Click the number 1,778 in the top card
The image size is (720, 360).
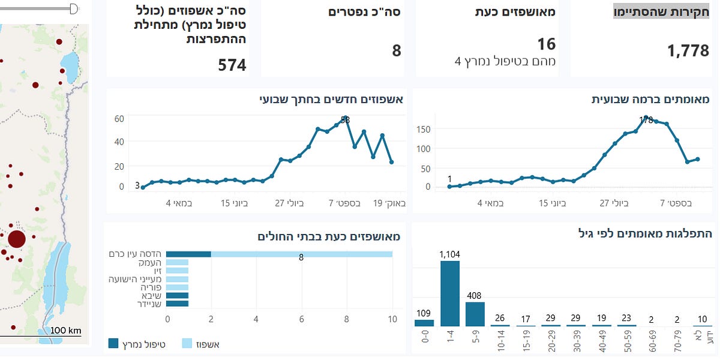tap(688, 51)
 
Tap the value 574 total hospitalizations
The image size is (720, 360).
tap(232, 65)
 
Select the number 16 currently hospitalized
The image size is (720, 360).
tap(547, 44)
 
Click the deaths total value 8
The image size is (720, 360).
tap(397, 50)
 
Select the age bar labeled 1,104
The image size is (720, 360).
tap(450, 293)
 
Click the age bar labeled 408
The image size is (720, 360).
tap(475, 314)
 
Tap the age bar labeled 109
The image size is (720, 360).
tap(424, 323)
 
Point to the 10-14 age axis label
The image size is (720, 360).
tap(500, 339)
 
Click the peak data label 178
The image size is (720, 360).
tap(646, 120)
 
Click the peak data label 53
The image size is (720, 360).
tap(345, 120)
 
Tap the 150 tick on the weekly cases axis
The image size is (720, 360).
tap(424, 129)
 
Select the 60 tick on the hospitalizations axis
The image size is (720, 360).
tap(119, 119)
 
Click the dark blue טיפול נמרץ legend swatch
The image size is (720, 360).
tap(113, 344)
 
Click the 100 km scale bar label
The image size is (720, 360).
tap(65, 331)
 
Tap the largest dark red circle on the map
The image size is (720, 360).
tap(16, 239)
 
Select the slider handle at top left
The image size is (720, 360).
tap(74, 8)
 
